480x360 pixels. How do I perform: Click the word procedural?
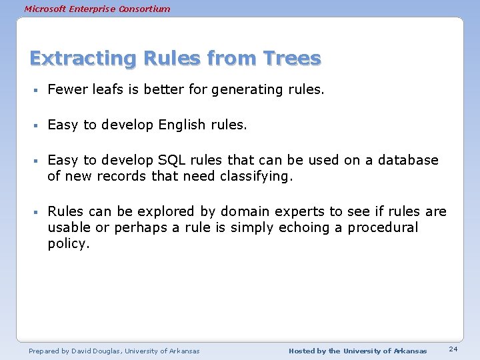point(383,227)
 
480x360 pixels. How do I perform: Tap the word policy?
point(68,244)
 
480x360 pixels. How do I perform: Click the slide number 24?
point(453,349)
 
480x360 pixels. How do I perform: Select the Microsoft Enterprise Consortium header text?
point(97,9)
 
